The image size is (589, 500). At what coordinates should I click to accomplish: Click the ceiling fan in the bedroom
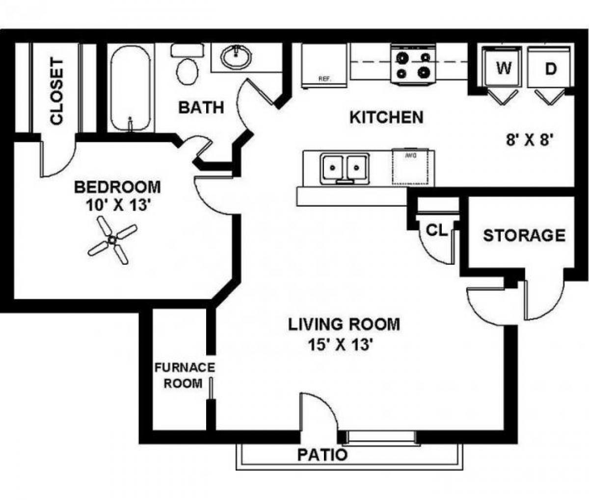pos(112,240)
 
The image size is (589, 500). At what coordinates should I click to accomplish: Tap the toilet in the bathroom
pos(187,66)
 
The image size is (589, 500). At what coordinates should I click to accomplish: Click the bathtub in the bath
pos(130,88)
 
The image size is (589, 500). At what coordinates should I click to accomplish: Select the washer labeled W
pos(502,69)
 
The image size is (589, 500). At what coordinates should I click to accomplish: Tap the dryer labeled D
pos(550,69)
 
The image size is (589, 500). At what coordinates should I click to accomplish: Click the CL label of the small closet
pos(436,231)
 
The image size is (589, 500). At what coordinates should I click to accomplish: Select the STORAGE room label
pos(524,236)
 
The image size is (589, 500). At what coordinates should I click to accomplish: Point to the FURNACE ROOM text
pos(185,375)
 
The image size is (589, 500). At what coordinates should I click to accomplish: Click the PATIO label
pos(322,455)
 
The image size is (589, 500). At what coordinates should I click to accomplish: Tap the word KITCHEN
pos(386,118)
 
